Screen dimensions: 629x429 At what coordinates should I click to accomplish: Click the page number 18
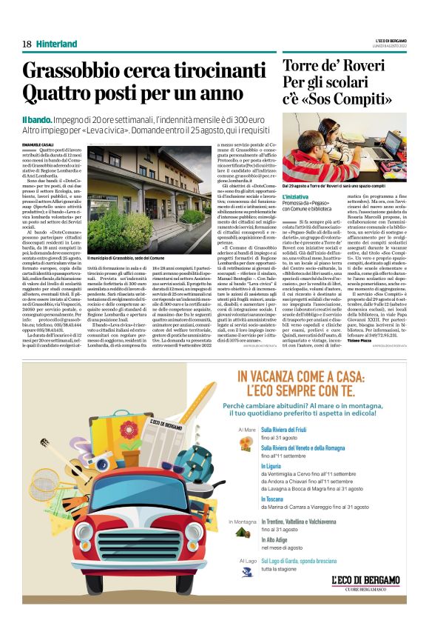27,44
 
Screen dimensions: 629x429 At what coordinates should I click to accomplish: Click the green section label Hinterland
56,44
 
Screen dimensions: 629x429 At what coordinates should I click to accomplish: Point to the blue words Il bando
35,119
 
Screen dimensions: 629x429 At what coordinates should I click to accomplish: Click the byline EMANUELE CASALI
36,141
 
